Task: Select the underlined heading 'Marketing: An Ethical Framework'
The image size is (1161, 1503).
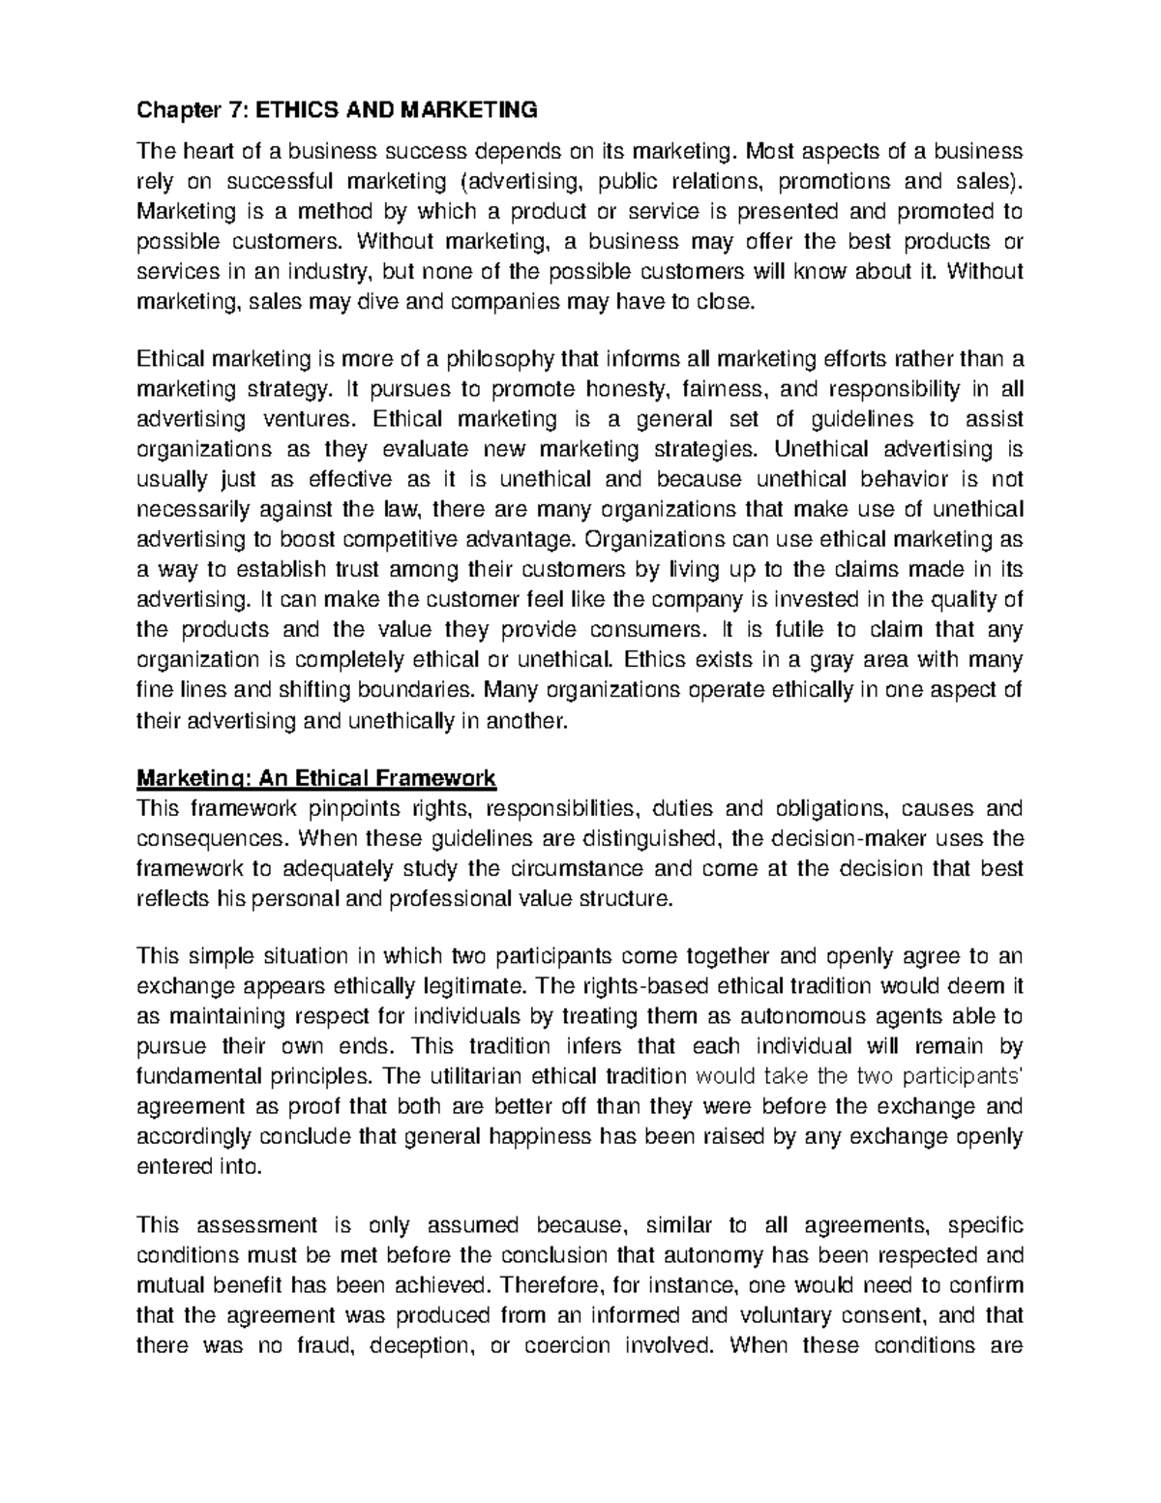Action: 316,777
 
